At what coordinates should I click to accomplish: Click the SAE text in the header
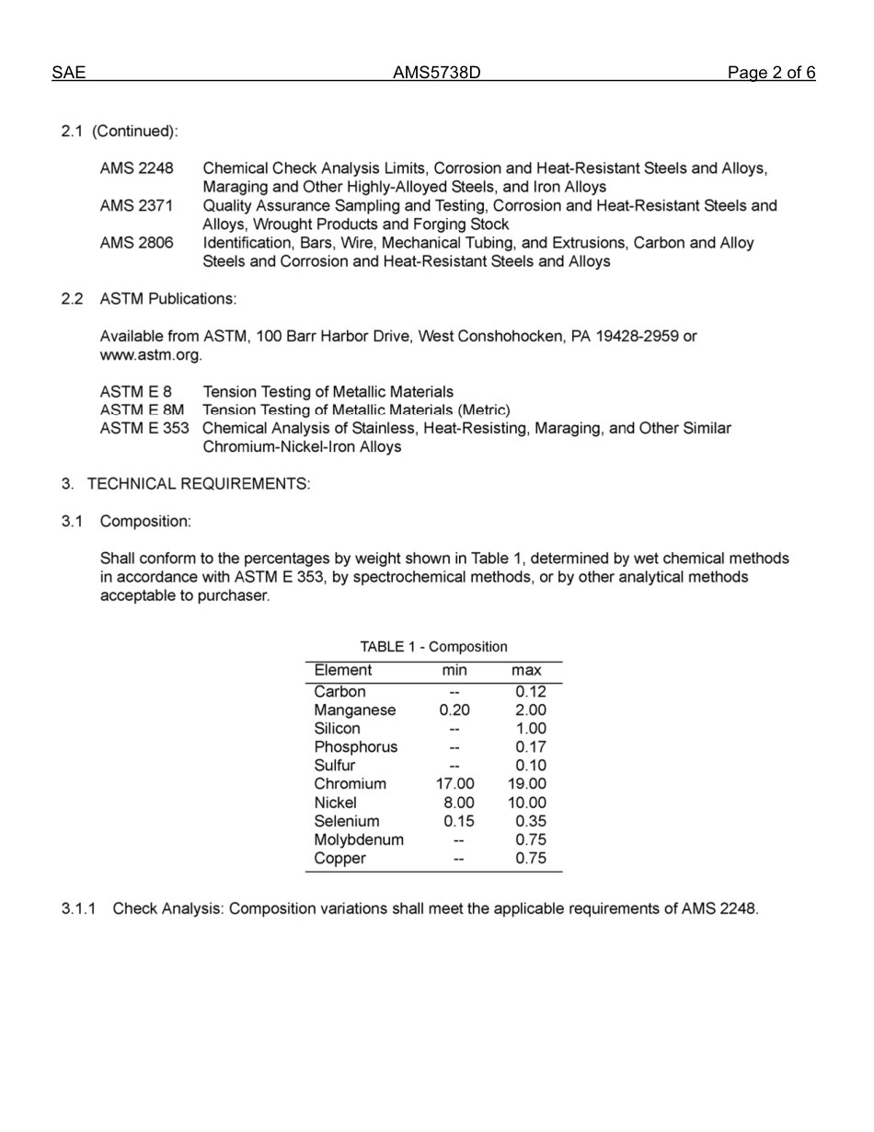click(x=69, y=74)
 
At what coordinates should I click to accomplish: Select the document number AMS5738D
click(x=437, y=74)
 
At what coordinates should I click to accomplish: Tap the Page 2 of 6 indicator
click(x=771, y=74)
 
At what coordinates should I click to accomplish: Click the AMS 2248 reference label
click(x=136, y=168)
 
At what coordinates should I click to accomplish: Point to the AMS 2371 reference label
click(x=136, y=206)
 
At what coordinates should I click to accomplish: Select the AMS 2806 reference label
click(x=136, y=243)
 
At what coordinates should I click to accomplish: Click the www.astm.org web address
click(x=151, y=354)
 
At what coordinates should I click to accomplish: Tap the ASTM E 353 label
click(x=144, y=429)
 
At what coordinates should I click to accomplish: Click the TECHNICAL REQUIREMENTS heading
click(x=198, y=484)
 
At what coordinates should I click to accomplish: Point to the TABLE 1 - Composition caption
click(x=433, y=647)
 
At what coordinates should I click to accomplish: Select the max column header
click(x=526, y=670)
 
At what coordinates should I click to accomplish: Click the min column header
click(x=454, y=670)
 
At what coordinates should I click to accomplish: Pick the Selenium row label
click(x=346, y=821)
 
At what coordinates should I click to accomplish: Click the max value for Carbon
click(x=531, y=692)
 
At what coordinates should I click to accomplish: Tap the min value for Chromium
click(x=454, y=784)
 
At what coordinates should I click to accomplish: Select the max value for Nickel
click(x=527, y=803)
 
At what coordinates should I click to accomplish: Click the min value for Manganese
click(x=454, y=710)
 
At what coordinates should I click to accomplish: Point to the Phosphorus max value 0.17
click(x=531, y=747)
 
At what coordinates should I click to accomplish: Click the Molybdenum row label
click(x=359, y=839)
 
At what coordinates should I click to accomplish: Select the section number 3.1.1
click(x=79, y=909)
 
